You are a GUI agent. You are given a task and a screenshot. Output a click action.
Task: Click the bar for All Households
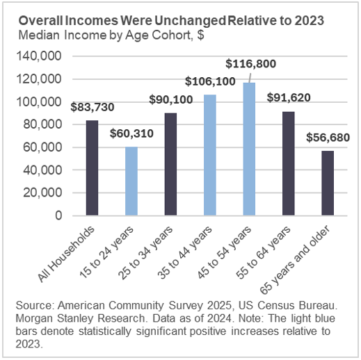pyautogui.click(x=92, y=167)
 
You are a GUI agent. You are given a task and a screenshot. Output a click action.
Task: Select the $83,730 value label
pyautogui.click(x=93, y=107)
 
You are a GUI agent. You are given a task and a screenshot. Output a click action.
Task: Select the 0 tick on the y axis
pyautogui.click(x=69, y=215)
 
